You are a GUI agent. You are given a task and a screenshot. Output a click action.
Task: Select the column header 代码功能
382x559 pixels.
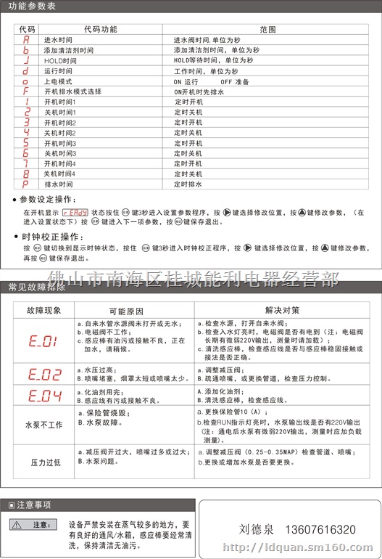(x=100, y=30)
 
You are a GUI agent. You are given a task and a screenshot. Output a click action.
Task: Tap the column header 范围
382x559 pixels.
(x=267, y=30)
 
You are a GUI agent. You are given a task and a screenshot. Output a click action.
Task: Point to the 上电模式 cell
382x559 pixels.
(x=57, y=82)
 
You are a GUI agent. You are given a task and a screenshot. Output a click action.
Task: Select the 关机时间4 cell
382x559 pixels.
(x=59, y=174)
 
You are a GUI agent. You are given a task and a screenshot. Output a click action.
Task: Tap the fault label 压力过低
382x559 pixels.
(x=43, y=462)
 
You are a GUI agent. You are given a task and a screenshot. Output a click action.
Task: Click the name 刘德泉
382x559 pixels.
(x=254, y=530)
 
